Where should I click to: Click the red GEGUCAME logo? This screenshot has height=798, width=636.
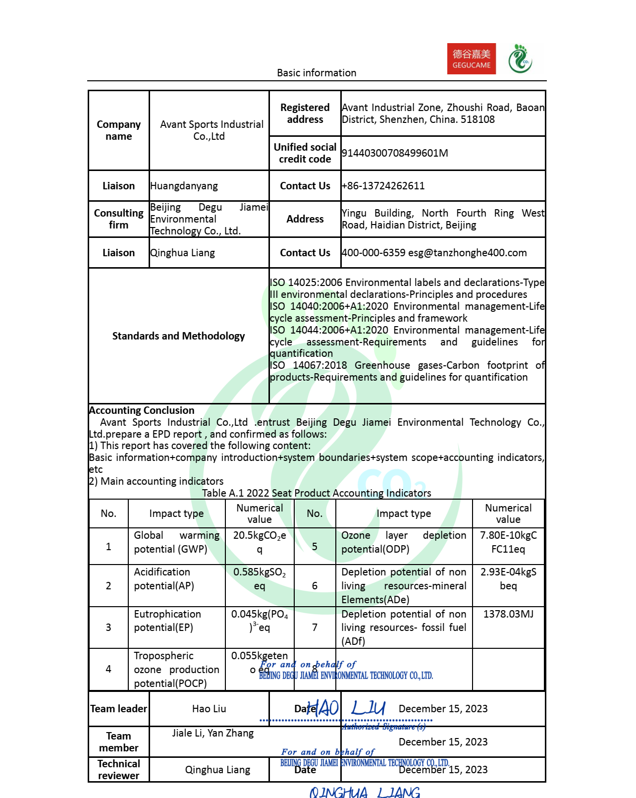(471, 59)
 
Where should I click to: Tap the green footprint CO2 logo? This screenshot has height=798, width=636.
(520, 59)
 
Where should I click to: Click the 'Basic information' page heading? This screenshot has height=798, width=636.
(317, 73)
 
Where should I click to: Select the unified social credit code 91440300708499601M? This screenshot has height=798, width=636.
(395, 153)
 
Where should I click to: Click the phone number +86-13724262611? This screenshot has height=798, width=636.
(383, 186)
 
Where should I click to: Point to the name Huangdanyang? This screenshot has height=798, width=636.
(184, 186)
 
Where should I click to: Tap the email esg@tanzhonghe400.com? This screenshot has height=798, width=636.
(467, 253)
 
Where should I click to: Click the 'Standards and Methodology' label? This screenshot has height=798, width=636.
(178, 336)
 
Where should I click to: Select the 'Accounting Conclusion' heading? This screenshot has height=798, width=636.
(142, 410)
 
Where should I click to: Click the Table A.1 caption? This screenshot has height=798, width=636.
(317, 493)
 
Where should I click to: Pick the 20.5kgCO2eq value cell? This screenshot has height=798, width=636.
(260, 542)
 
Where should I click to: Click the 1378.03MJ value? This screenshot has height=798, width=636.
(508, 614)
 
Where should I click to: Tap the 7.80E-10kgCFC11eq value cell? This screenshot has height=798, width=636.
(508, 542)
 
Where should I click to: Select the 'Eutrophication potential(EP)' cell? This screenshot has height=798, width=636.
(167, 621)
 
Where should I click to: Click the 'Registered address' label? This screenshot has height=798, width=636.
(305, 114)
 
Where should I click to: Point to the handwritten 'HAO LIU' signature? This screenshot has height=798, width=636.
(346, 708)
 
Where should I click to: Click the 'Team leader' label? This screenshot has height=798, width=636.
(119, 709)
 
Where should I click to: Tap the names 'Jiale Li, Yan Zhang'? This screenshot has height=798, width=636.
(212, 733)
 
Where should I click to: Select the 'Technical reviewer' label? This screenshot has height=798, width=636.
(119, 769)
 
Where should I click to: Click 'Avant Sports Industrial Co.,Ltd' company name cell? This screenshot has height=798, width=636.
(212, 130)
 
